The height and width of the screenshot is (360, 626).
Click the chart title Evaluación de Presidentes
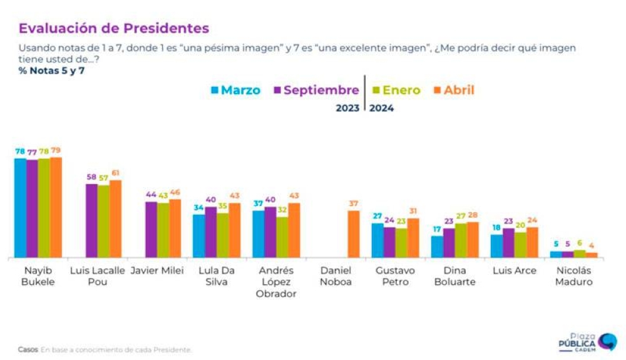coord(113,29)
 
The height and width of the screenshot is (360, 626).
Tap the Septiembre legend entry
coord(316,90)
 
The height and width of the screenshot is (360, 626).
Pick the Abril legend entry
coord(453,90)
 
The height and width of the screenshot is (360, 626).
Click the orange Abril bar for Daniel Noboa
coord(354,234)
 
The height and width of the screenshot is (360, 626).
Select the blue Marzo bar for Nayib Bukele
coord(21,208)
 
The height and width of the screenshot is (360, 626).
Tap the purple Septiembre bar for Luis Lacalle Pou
coord(92,220)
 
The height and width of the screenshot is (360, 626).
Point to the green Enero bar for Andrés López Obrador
coord(282,237)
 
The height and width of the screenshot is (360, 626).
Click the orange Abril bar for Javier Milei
coord(175,228)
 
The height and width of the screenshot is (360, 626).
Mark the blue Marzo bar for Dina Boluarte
coord(438,247)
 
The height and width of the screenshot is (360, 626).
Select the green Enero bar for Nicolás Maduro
coord(580,254)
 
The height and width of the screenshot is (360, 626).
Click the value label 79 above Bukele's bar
coord(56,151)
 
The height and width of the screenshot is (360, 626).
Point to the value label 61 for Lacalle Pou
coord(116,173)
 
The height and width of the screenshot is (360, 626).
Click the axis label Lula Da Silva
coord(213,276)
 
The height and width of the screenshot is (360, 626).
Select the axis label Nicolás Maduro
coord(573,276)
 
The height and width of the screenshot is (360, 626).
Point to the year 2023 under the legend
coord(348,108)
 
